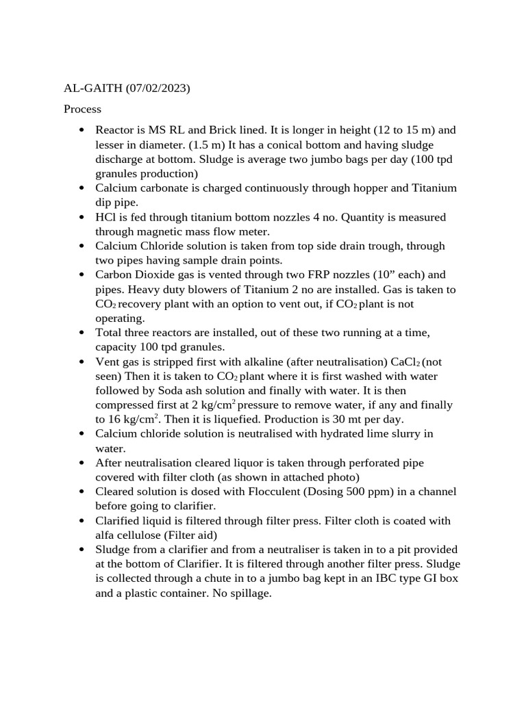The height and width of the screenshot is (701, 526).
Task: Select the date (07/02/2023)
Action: [158, 88]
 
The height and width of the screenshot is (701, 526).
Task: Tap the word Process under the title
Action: [82, 109]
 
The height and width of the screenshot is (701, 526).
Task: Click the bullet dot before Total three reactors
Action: [82, 333]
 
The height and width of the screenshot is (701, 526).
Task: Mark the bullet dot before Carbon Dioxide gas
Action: [82, 275]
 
